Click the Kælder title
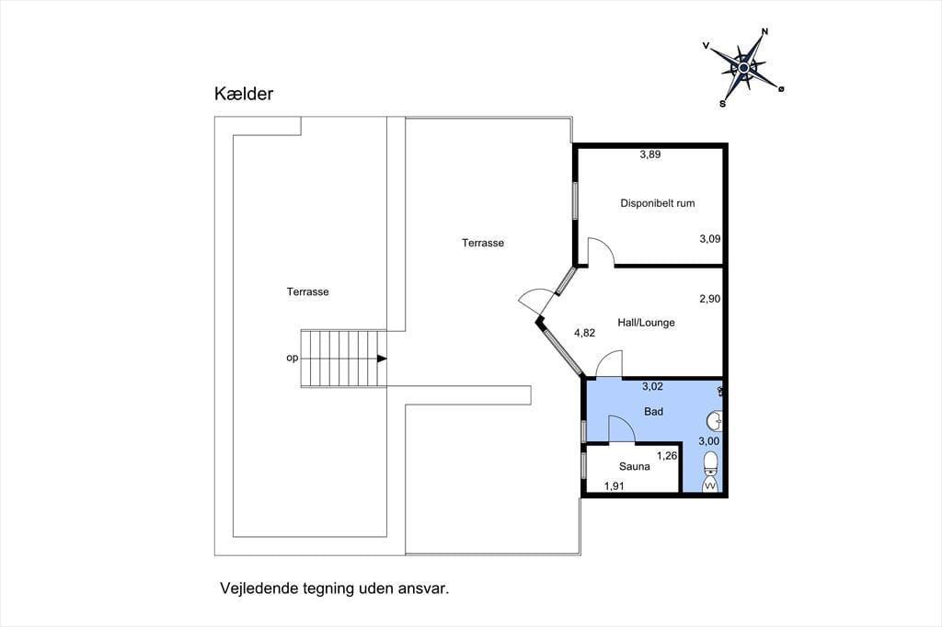(x=244, y=94)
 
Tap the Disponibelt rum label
(x=657, y=203)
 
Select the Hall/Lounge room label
(x=646, y=323)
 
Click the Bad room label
(x=654, y=411)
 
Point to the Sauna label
(x=635, y=466)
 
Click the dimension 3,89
(x=650, y=154)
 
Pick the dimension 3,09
(x=709, y=238)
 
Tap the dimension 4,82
(x=584, y=333)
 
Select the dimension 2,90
(x=709, y=299)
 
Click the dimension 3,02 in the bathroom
(x=652, y=386)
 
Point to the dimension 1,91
(x=614, y=485)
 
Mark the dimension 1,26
(x=667, y=455)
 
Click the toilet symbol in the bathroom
(x=711, y=472)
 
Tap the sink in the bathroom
(x=714, y=421)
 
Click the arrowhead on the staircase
(x=382, y=359)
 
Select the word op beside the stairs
(x=292, y=358)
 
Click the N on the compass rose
(x=764, y=32)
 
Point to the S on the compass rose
(x=723, y=103)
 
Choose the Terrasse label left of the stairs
(x=307, y=291)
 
